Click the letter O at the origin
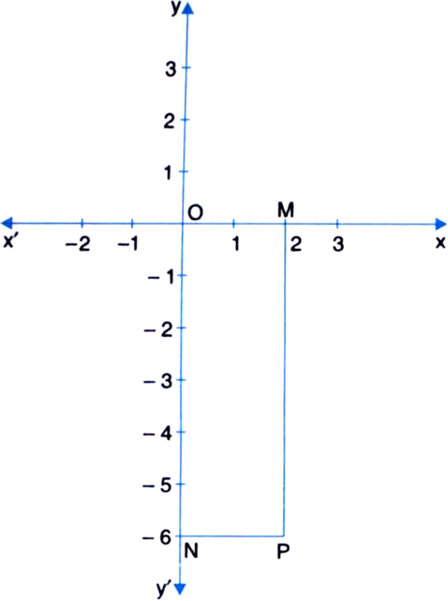click(x=196, y=212)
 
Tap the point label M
click(x=286, y=210)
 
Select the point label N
click(x=191, y=551)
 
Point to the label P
click(x=282, y=552)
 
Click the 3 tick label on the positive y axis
click(x=171, y=69)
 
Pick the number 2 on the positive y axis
click(x=170, y=121)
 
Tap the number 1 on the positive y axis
click(x=169, y=172)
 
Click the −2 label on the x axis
click(x=78, y=244)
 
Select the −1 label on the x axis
click(x=128, y=243)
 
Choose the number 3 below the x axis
click(x=337, y=244)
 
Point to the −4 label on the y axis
click(x=157, y=433)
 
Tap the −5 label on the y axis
click(x=157, y=485)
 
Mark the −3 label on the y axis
click(x=157, y=381)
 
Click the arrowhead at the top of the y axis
click(x=187, y=7)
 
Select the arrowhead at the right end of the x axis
click(x=441, y=224)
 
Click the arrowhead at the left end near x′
click(x=7, y=223)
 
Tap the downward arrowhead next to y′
click(x=180, y=588)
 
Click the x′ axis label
click(x=9, y=242)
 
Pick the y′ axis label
click(x=163, y=589)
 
